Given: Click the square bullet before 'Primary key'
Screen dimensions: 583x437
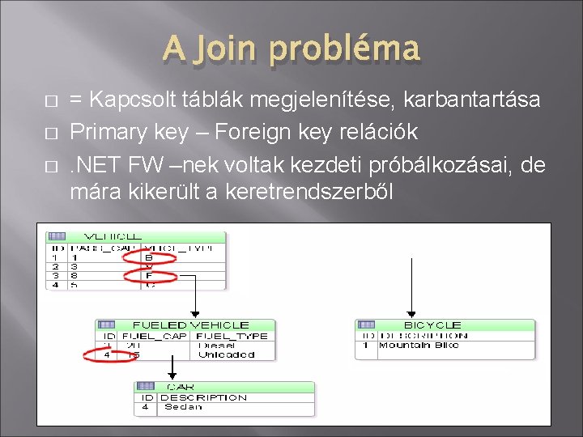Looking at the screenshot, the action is pos(52,133).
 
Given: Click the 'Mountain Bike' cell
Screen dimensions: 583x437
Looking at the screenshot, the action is pos(419,346).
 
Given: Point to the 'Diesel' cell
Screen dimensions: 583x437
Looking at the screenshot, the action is pos(214,346).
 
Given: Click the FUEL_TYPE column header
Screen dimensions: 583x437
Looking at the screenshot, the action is pos(232,335).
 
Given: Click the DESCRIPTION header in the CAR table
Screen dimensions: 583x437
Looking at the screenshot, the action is pos(203,397).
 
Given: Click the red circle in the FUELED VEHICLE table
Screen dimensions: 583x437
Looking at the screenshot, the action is pos(108,354).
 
